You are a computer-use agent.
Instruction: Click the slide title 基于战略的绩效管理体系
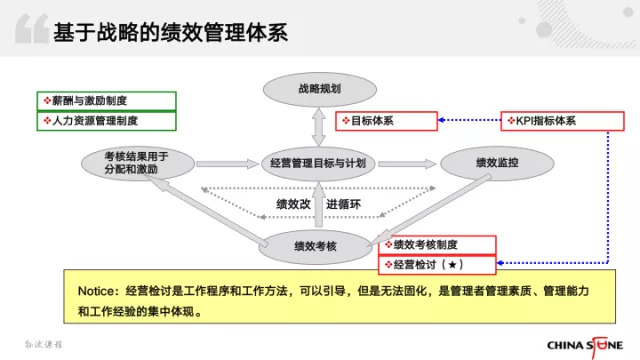coord(171,32)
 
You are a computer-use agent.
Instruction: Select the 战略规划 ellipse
coord(320,89)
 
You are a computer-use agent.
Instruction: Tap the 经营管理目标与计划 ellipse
coord(318,164)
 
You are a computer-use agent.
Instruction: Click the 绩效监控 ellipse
coord(497,163)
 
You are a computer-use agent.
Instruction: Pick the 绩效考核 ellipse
coord(316,247)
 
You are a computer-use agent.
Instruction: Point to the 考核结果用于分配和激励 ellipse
coord(138,163)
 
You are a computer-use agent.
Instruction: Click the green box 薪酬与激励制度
coord(107,101)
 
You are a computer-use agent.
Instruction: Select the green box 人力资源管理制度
coord(107,121)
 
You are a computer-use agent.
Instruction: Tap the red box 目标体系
coord(386,121)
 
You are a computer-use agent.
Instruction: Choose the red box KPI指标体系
coord(562,121)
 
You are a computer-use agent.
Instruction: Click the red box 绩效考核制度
coord(437,245)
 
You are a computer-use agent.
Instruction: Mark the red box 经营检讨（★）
coord(437,265)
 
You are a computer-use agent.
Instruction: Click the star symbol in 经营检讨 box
coord(452,265)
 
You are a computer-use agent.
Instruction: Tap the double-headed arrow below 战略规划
coord(318,127)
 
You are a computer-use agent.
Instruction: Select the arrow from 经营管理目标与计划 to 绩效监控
coord(407,164)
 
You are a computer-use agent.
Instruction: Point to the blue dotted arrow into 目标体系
coord(469,120)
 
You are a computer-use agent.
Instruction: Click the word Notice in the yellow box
coord(96,291)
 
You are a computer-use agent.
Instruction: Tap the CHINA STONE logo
coord(585,346)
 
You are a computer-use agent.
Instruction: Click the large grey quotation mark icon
coord(32,29)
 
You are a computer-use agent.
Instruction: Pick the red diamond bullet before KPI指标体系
coord(511,120)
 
